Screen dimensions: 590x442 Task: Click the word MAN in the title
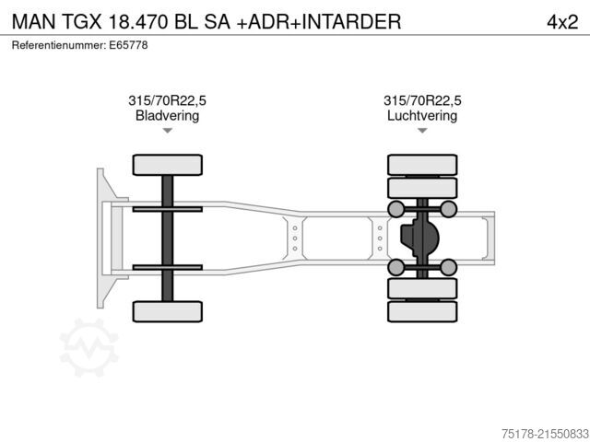click(34, 21)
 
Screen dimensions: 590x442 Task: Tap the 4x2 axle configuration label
click(562, 22)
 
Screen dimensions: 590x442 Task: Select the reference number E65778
click(128, 45)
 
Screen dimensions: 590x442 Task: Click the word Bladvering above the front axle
click(167, 115)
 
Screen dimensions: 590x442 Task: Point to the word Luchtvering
click(422, 115)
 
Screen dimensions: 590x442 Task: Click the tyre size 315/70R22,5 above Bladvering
click(167, 100)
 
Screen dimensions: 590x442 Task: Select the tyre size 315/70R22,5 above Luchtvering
click(422, 100)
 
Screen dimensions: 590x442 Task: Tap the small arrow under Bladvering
click(168, 131)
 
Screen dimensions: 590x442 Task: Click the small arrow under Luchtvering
click(422, 131)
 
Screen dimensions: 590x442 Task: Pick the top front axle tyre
click(168, 165)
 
